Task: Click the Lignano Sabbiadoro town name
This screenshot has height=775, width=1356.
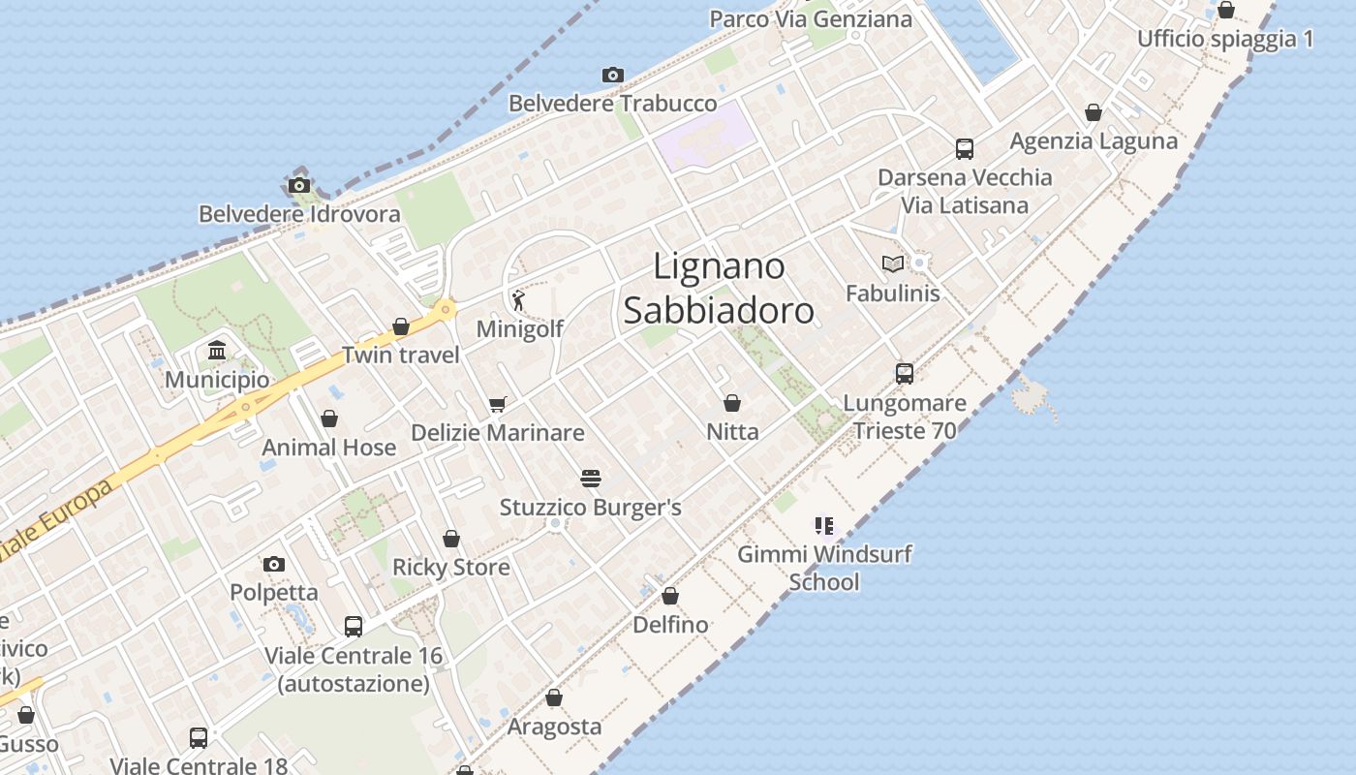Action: (x=718, y=288)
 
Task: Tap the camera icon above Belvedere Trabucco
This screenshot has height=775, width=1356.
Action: (x=612, y=76)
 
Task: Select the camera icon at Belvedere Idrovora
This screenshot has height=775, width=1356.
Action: (x=299, y=186)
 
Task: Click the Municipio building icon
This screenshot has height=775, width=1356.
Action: (x=217, y=351)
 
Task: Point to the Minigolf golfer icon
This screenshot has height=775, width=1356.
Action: (x=519, y=300)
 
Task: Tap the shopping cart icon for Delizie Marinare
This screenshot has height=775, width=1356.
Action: (x=498, y=404)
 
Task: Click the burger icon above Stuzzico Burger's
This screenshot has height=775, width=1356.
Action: (x=591, y=479)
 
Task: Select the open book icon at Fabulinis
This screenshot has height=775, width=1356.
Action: (x=893, y=263)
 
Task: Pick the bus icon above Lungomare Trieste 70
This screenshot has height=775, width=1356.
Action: (x=905, y=374)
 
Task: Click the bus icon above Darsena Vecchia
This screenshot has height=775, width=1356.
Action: (x=965, y=149)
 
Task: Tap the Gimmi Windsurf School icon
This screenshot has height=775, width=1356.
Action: (x=824, y=526)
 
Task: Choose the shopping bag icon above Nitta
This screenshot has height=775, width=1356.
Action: (x=732, y=403)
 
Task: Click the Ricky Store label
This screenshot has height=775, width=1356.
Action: (x=450, y=567)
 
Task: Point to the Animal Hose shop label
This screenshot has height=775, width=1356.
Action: (x=329, y=448)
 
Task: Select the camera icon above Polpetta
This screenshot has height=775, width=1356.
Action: (x=274, y=564)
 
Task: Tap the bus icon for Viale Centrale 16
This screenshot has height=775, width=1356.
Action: (x=354, y=627)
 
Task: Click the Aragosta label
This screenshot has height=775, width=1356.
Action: (x=554, y=727)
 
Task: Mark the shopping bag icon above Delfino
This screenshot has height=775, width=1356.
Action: (x=670, y=596)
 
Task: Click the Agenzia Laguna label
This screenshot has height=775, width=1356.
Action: (x=1094, y=141)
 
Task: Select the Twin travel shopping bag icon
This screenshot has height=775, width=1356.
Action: (x=401, y=326)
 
